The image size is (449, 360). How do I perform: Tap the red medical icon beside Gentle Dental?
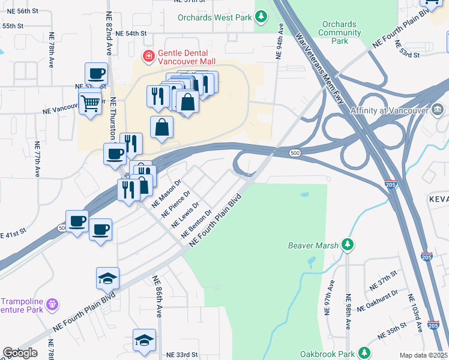coord(147,57)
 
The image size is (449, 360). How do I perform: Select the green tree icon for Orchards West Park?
coord(261,18)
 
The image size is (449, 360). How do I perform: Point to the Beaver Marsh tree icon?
coord(347,245)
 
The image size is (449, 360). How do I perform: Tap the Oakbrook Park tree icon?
coord(364,353)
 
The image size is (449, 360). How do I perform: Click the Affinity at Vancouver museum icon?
coord(438,110)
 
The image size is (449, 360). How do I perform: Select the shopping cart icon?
coord(91,103)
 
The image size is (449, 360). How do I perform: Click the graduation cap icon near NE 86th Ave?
coord(108,278)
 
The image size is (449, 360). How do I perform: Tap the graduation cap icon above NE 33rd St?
coord(145,340)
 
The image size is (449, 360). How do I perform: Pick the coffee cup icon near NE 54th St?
coord(96,74)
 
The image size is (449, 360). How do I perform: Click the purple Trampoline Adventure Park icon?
coord(52,305)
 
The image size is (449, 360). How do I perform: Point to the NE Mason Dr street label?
coord(166,193)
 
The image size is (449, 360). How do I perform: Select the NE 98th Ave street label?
coord(348,311)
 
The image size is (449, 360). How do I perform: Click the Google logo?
coord(20,353)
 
